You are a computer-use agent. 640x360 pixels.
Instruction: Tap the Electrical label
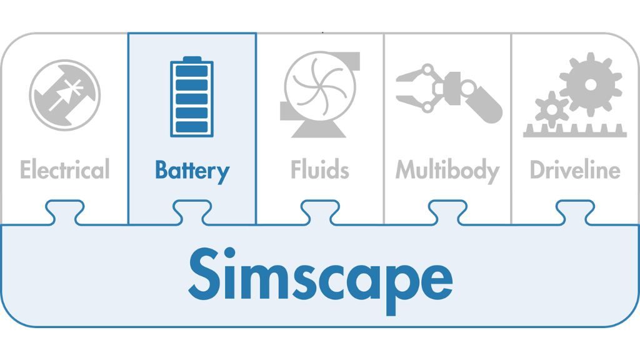pyautogui.click(x=64, y=170)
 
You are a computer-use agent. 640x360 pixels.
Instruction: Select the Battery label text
pyautogui.click(x=192, y=171)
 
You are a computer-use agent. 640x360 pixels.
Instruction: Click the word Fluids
pyautogui.click(x=319, y=170)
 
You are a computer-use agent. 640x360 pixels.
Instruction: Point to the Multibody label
pyautogui.click(x=447, y=171)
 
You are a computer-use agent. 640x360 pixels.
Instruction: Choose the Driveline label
pyautogui.click(x=575, y=170)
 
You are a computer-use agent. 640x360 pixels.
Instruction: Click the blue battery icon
pyautogui.click(x=192, y=97)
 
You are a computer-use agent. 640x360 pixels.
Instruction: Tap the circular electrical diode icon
pyautogui.click(x=64, y=94)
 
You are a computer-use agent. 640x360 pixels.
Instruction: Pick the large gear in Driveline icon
pyautogui.click(x=591, y=84)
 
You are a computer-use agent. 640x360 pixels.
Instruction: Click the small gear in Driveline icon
pyautogui.click(x=551, y=110)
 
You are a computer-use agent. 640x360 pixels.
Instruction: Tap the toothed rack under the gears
pyautogui.click(x=574, y=131)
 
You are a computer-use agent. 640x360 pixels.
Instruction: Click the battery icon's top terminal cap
pyautogui.click(x=192, y=59)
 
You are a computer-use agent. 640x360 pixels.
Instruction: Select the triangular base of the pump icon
pyautogui.click(x=319, y=129)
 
